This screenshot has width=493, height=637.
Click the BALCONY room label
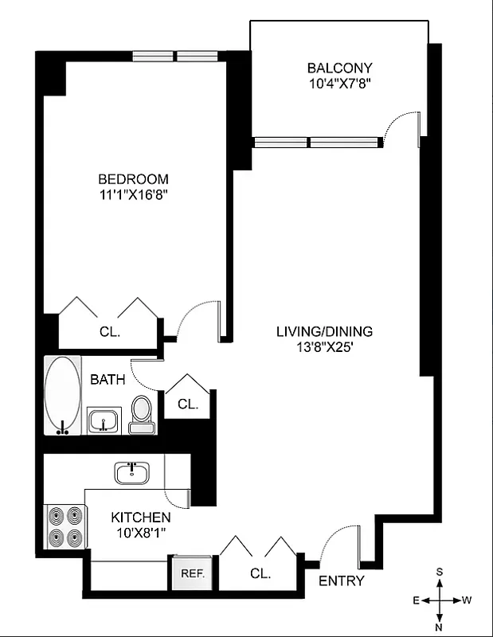[339, 68]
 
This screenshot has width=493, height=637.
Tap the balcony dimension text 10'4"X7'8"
[339, 83]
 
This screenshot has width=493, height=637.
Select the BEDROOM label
[133, 179]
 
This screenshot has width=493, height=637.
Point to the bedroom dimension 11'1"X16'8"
[133, 194]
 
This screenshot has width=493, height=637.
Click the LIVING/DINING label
[324, 331]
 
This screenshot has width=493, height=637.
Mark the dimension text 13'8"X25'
[324, 346]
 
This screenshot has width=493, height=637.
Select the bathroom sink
[103, 420]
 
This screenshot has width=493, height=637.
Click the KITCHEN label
[140, 517]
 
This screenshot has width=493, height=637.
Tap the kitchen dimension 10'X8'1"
[140, 532]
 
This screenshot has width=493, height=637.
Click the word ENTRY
[341, 580]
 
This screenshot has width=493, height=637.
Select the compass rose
[440, 600]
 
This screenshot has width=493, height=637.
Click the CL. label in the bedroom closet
[110, 333]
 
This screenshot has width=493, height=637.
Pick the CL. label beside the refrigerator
[260, 573]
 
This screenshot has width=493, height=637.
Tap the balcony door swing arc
[398, 127]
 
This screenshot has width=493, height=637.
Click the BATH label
[107, 380]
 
